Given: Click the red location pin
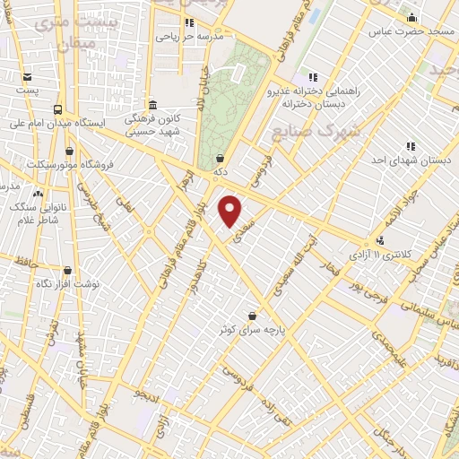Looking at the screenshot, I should (230, 211).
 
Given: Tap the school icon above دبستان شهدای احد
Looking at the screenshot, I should (410, 145).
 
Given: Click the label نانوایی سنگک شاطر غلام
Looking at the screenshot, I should (38, 212).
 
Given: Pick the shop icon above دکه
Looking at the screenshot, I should (221, 159).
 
